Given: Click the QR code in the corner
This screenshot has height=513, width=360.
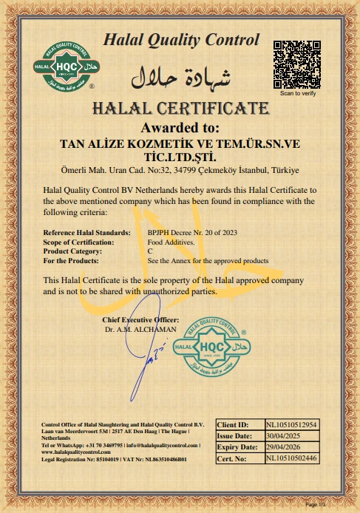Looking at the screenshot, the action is tap(299, 63).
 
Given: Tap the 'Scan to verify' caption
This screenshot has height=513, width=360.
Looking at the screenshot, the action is tap(298, 94).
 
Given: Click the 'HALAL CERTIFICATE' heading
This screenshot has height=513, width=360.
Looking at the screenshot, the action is tap(180, 109).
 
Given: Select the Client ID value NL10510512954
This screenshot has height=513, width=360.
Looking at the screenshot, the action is tap(291, 425).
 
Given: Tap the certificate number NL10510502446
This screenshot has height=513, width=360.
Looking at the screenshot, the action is tap(291, 458).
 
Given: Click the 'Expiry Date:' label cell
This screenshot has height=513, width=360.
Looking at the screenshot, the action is tap(238, 447).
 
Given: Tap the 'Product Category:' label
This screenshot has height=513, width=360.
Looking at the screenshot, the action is tap(77, 251).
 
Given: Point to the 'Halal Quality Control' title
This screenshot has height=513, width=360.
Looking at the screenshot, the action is tap(181, 40).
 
